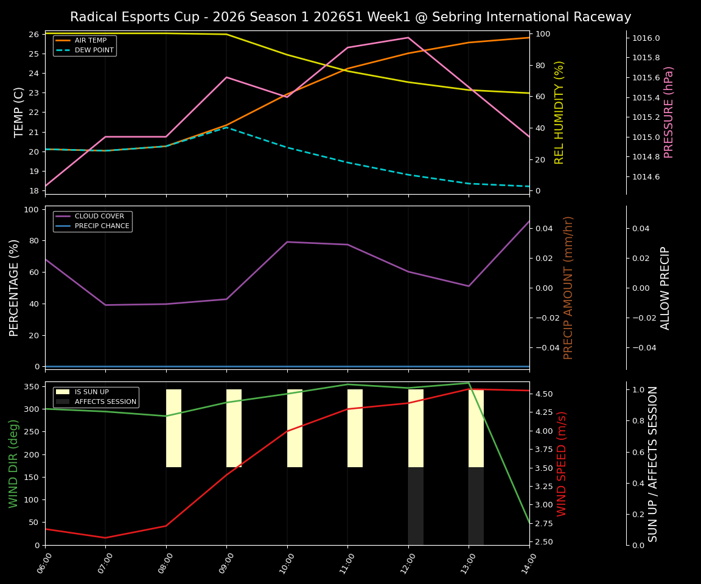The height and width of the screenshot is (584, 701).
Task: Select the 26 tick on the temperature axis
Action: pyautogui.click(x=33, y=34)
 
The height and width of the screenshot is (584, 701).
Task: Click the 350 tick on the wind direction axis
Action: pyautogui.click(x=30, y=386)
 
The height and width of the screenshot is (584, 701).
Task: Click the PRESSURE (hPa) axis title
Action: pyautogui.click(x=669, y=112)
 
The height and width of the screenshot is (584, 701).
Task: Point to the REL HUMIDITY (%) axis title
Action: pyautogui.click(x=560, y=112)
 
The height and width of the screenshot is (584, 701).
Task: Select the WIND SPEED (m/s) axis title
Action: pyautogui.click(x=562, y=464)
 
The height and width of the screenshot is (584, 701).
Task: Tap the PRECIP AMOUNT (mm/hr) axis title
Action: pyautogui.click(x=568, y=287)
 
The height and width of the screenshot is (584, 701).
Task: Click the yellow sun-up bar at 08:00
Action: pyautogui.click(x=173, y=428)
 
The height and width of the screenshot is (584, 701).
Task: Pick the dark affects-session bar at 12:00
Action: pyautogui.click(x=416, y=506)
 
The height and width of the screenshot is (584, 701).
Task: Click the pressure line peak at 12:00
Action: pyautogui.click(x=408, y=38)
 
